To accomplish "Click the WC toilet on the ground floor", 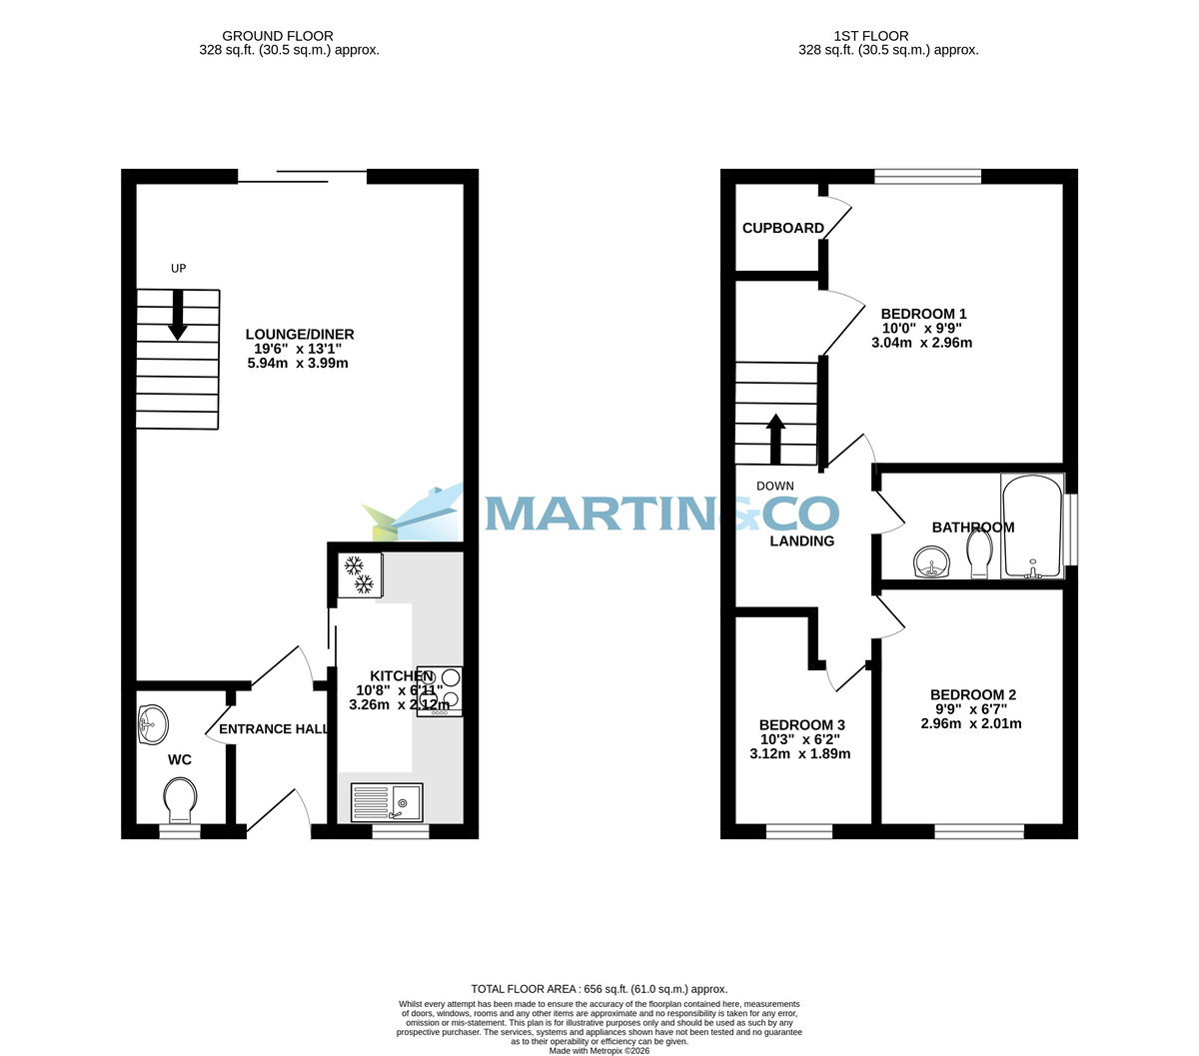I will (x=180, y=800).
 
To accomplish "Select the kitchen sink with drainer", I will (x=387, y=802).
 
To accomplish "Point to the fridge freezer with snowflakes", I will (x=359, y=574).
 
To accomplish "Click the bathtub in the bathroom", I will (x=1032, y=527).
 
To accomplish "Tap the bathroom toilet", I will (x=979, y=552).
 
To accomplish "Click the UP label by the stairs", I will (x=179, y=268).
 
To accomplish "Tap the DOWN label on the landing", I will (x=775, y=487).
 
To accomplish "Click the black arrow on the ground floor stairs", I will (x=178, y=315).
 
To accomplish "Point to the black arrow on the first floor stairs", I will (x=775, y=439).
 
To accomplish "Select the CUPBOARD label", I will (x=783, y=228).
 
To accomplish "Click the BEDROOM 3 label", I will (x=801, y=724).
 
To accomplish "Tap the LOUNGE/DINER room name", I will (x=300, y=335).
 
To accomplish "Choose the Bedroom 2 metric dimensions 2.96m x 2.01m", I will (x=970, y=723).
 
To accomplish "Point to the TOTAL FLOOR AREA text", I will (x=599, y=989).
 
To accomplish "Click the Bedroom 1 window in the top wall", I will (x=927, y=177).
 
